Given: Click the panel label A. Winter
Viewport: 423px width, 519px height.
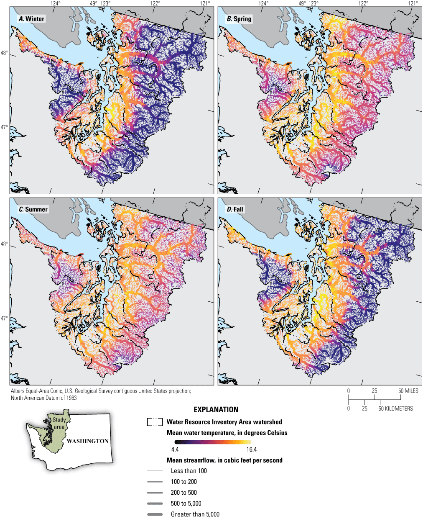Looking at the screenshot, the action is pyautogui.click(x=31, y=19).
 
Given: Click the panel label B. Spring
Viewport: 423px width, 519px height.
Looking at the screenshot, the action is pyautogui.click(x=239, y=19).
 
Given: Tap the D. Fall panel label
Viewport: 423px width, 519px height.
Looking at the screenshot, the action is pyautogui.click(x=235, y=209).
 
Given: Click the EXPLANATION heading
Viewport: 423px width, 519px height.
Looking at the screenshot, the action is pyautogui.click(x=216, y=410).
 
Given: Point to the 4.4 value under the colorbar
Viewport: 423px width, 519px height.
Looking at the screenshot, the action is pyautogui.click(x=175, y=450).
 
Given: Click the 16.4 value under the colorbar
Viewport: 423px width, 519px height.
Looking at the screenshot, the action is pyautogui.click(x=252, y=450).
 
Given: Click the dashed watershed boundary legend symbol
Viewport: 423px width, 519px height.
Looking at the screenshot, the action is pyautogui.click(x=155, y=422).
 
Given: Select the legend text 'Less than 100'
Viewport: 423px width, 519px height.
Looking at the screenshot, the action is pyautogui.click(x=189, y=471).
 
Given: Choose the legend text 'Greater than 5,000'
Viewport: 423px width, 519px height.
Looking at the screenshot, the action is pyautogui.click(x=195, y=514).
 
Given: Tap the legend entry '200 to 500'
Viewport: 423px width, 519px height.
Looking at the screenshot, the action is pyautogui.click(x=183, y=493).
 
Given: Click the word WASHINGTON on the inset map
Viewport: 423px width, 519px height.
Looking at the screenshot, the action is pyautogui.click(x=87, y=441).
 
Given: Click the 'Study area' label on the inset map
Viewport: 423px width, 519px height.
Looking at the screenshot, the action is pyautogui.click(x=59, y=423).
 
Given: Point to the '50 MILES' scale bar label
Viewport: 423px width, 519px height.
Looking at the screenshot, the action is pyautogui.click(x=408, y=391).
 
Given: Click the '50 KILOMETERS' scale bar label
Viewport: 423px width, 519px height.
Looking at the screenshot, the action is pyautogui.click(x=395, y=409).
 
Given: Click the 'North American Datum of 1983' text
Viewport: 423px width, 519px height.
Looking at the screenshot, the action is pyautogui.click(x=44, y=398).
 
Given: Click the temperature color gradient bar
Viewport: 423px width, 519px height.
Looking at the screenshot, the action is pyautogui.click(x=213, y=442).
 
